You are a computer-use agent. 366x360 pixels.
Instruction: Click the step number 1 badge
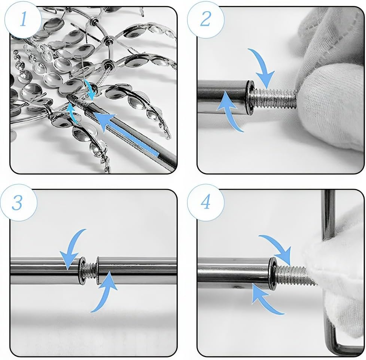tap(23, 19)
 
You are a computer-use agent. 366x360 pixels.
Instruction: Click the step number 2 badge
tap(206, 19)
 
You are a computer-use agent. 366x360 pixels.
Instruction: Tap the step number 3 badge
tap(18, 203)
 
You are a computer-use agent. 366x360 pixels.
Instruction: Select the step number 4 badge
tap(206, 203)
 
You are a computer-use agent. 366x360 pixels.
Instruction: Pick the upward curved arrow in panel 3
tap(105, 292)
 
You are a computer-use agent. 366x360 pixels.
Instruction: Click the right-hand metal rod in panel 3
tap(137, 270)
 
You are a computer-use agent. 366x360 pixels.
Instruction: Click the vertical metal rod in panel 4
tap(328, 215)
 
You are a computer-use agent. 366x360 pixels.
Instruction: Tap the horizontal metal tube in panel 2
tap(222, 97)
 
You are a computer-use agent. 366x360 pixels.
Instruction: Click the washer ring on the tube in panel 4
tap(272, 273)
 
